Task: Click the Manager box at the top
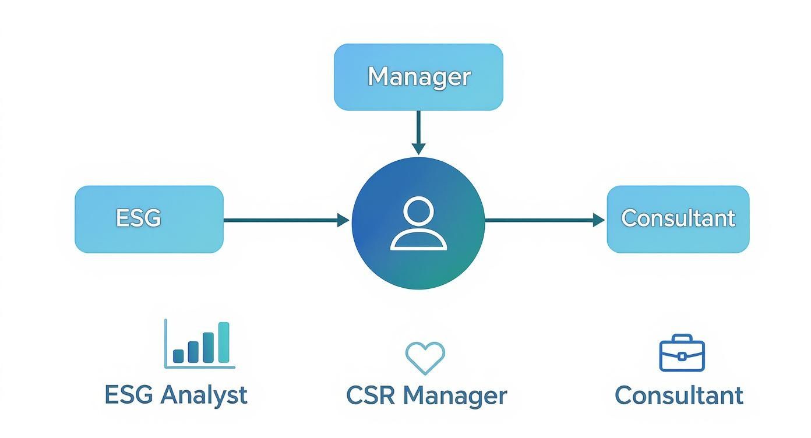coord(418,77)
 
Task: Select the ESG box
coord(149,219)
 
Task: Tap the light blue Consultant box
coord(678,219)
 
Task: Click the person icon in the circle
coord(418,224)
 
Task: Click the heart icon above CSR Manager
coord(425,356)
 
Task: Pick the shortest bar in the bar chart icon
coord(179,356)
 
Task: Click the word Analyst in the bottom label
coord(203,395)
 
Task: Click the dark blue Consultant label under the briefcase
coord(679,395)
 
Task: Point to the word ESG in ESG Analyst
coord(129,395)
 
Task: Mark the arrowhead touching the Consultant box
coord(598,220)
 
